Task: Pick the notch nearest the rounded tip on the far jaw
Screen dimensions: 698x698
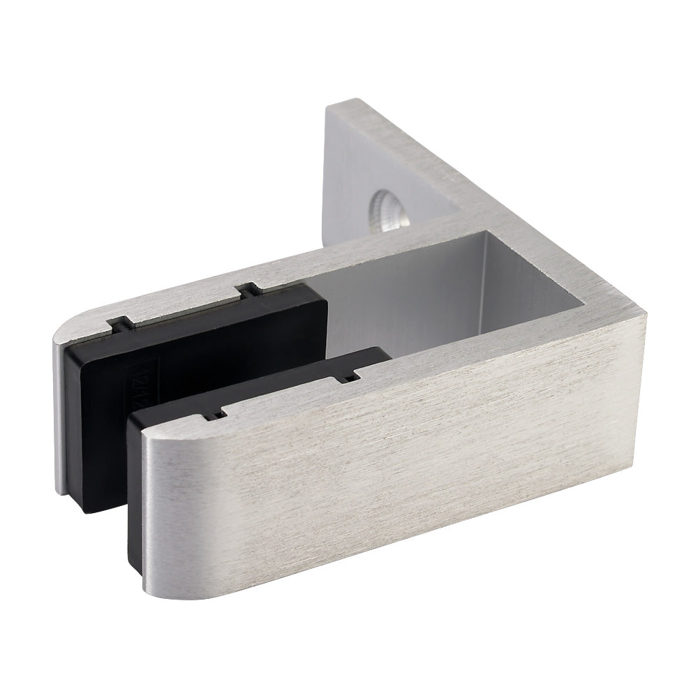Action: (x=119, y=323)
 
